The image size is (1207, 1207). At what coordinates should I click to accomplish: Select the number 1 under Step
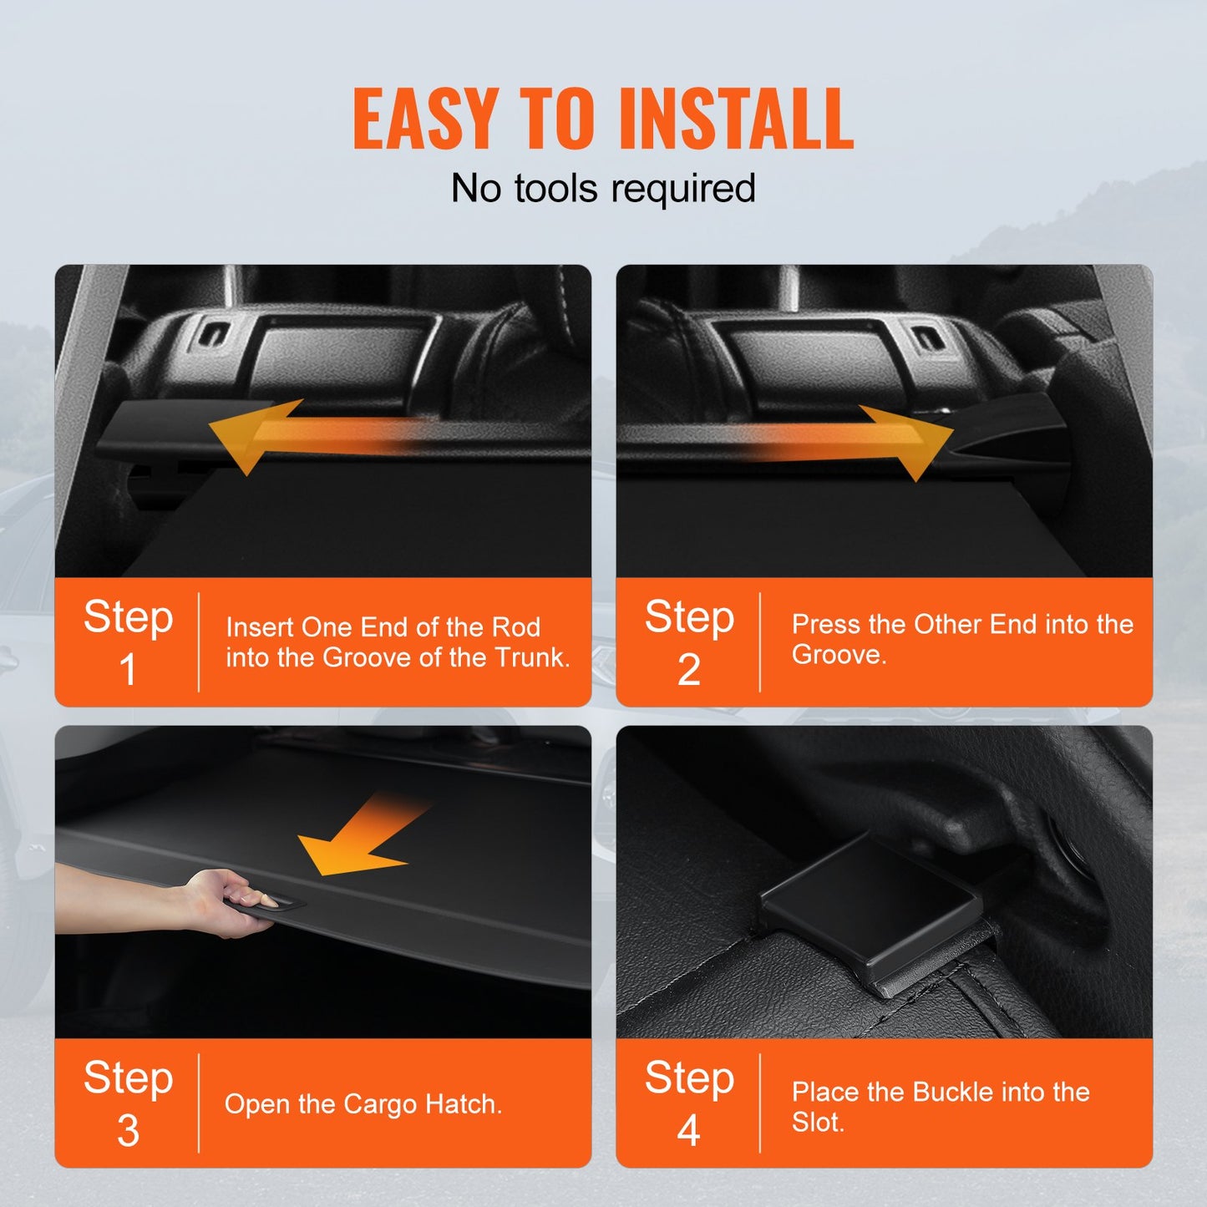[x=128, y=669]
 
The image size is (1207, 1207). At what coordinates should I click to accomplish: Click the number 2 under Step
[x=688, y=669]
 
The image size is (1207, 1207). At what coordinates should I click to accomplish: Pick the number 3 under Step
[x=128, y=1130]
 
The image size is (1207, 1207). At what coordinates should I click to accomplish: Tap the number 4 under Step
[x=688, y=1130]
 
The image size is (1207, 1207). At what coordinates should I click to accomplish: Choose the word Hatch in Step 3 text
[x=462, y=1104]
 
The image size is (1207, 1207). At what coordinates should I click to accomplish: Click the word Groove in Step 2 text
[x=837, y=654]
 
